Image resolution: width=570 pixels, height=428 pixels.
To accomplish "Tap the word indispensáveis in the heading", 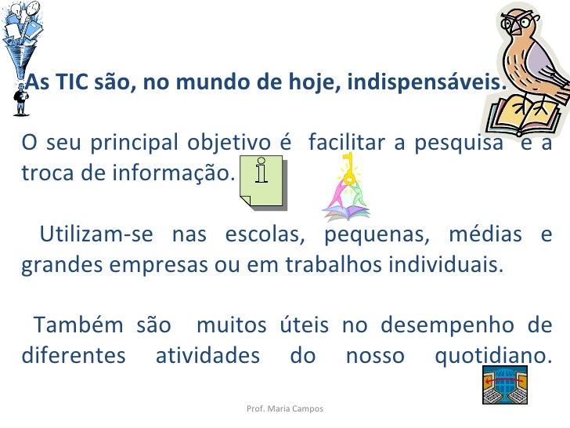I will coord(443,81).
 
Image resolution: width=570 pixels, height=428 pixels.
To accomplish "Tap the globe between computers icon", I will coord(503,386).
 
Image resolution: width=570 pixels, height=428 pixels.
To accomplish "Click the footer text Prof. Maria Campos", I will coord(284,409).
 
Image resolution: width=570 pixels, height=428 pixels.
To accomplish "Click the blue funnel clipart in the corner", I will coord(23,35).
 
